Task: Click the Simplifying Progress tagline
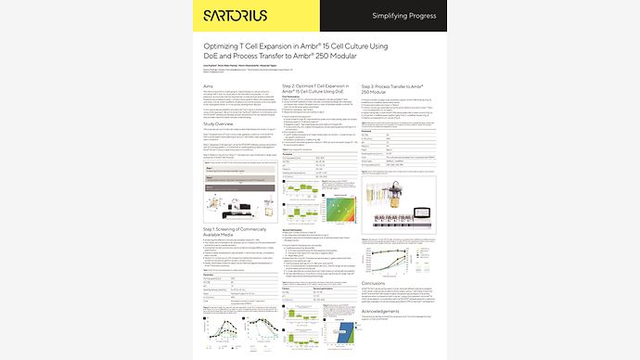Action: click(x=404, y=16)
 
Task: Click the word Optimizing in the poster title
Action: click(x=225, y=46)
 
